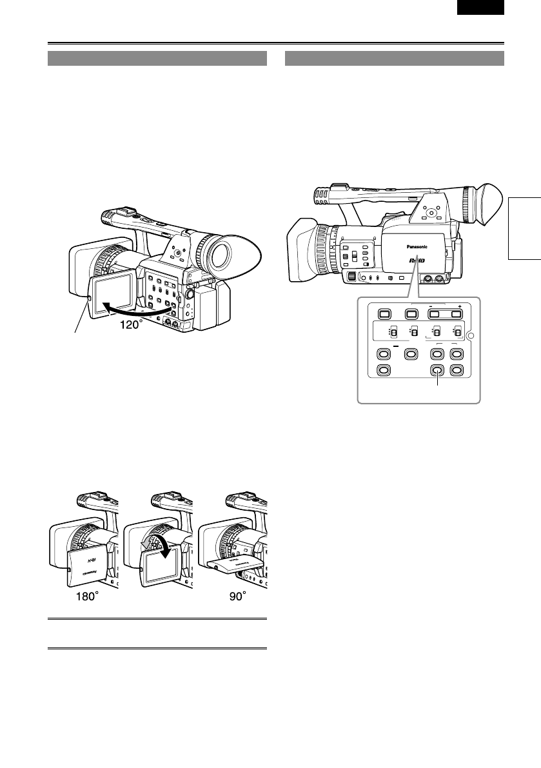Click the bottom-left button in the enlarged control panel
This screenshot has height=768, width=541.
point(383,371)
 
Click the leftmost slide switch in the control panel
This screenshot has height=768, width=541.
point(393,333)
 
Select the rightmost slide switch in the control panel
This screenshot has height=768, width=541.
point(458,333)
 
